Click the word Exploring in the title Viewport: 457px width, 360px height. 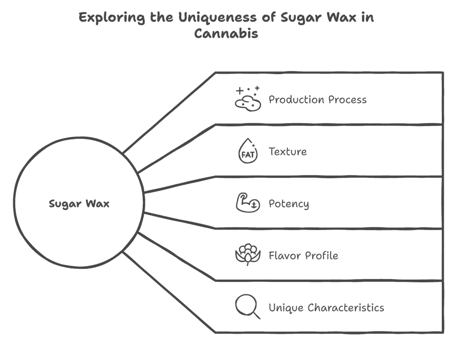click(112, 17)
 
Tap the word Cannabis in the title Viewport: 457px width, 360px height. click(226, 33)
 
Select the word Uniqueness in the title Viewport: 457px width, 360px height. click(217, 18)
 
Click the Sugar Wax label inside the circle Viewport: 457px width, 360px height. click(79, 204)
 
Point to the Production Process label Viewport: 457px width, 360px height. click(318, 100)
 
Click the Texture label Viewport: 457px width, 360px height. click(288, 152)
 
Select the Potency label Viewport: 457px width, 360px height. click(289, 204)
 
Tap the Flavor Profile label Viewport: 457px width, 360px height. click(303, 255)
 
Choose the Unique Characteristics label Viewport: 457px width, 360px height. click(326, 308)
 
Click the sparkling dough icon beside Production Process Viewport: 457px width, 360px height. click(248, 99)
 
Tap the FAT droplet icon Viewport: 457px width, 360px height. click(248, 151)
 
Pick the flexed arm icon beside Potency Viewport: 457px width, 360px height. click(248, 202)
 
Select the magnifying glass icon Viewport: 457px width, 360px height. click(248, 306)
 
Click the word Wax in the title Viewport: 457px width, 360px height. click(341, 17)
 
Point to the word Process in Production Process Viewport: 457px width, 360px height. click(348, 100)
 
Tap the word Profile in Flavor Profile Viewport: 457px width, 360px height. click(321, 255)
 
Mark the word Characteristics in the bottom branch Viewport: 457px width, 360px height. click(346, 308)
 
